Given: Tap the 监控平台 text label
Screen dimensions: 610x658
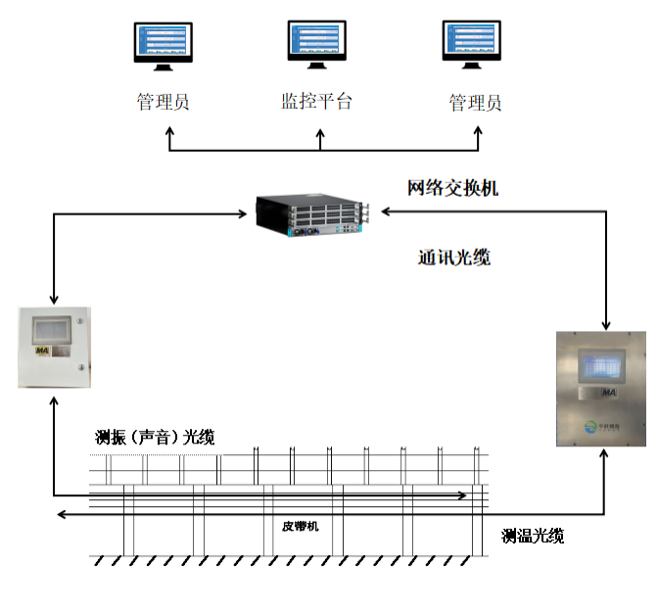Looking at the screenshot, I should coord(315,101).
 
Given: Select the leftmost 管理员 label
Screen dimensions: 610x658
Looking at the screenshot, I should coord(163,102).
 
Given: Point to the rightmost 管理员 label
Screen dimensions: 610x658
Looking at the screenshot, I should coord(475,103).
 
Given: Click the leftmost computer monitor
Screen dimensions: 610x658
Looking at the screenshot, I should coord(164,45).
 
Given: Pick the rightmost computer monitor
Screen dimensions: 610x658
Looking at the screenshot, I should coord(476,44).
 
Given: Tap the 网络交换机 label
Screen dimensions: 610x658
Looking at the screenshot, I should coord(452,187).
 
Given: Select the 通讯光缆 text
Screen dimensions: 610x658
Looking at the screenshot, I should coord(453,258).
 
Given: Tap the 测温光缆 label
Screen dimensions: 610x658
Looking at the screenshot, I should coord(533,536).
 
